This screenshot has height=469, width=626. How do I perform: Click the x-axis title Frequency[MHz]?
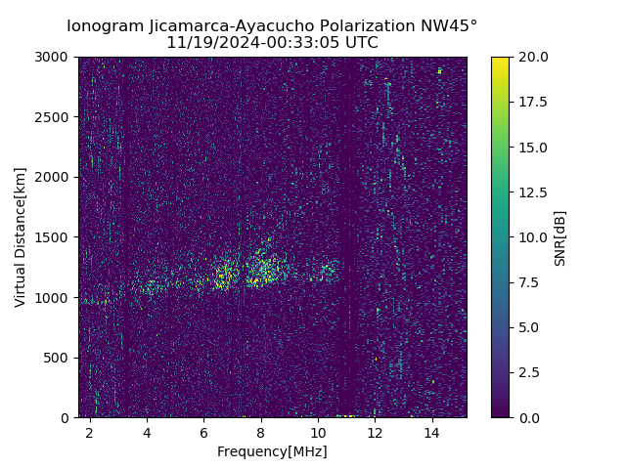(x=272, y=451)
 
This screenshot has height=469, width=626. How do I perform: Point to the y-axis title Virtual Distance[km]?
(x=20, y=236)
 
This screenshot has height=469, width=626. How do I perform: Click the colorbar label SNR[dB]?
(x=560, y=237)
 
